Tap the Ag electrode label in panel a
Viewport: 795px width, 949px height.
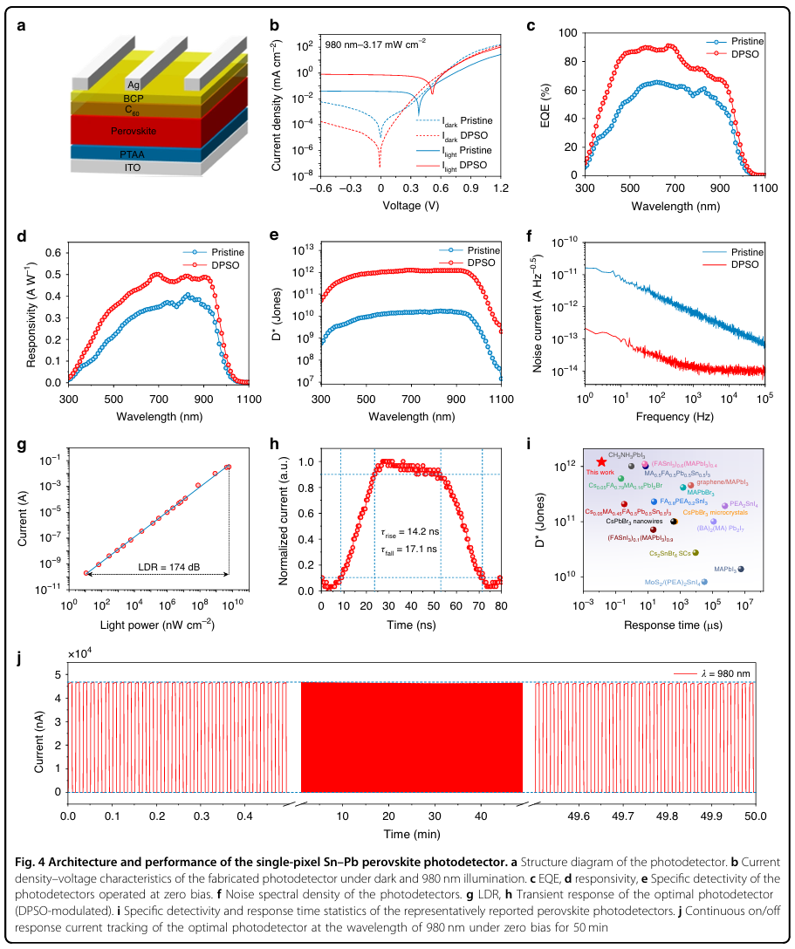[134, 84]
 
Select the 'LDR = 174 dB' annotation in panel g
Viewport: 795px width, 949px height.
[168, 565]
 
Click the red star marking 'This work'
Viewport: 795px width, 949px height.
[601, 461]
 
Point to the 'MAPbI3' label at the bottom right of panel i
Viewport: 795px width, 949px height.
[729, 568]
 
